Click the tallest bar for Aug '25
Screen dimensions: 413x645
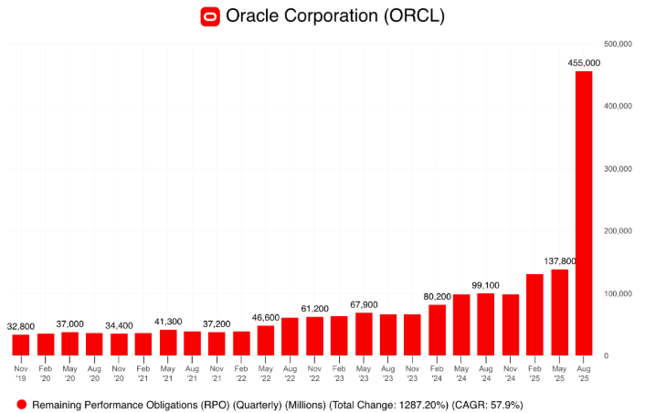pos(583,213)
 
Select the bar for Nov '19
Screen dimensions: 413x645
pos(20,344)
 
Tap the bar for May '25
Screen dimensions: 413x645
pos(559,312)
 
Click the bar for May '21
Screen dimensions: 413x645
pos(167,342)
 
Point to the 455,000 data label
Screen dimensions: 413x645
pos(584,63)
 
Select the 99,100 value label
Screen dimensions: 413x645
pos(485,285)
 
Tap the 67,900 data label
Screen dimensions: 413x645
pos(363,304)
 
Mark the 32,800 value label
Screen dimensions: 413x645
pos(21,326)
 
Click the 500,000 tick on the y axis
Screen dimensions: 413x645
pos(619,44)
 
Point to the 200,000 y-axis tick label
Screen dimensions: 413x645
pos(619,231)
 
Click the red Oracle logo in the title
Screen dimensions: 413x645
pos(211,16)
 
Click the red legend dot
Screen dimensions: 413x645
pos(20,403)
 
